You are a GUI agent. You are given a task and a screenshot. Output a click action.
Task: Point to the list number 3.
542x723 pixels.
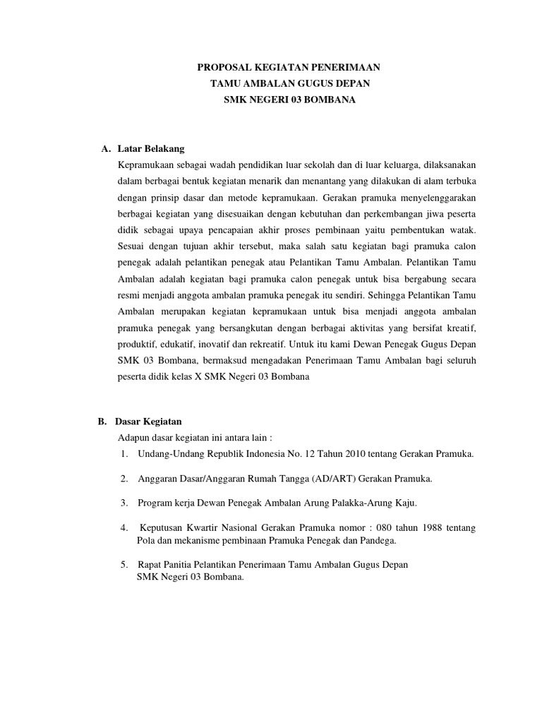click(124, 503)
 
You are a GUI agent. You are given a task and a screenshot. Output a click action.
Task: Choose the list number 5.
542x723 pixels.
click(124, 565)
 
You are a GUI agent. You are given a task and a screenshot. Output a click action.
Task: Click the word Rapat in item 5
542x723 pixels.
click(150, 565)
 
